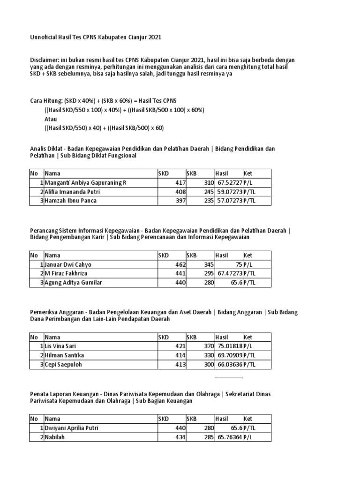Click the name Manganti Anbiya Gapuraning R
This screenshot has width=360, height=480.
85,182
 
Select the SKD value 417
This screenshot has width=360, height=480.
180,182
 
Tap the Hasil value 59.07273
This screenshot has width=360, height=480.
229,192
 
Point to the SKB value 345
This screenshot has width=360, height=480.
207,264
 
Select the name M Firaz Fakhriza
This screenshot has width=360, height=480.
66,273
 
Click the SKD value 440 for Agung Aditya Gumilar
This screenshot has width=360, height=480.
180,283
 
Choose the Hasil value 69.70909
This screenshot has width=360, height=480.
229,355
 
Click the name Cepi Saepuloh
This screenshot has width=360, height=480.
63,364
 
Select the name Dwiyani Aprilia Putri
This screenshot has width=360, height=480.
72,428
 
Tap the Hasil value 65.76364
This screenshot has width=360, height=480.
229,437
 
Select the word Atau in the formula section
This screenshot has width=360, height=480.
51,119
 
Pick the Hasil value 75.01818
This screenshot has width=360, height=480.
229,346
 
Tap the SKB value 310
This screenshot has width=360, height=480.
207,182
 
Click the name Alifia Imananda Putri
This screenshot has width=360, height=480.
72,192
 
